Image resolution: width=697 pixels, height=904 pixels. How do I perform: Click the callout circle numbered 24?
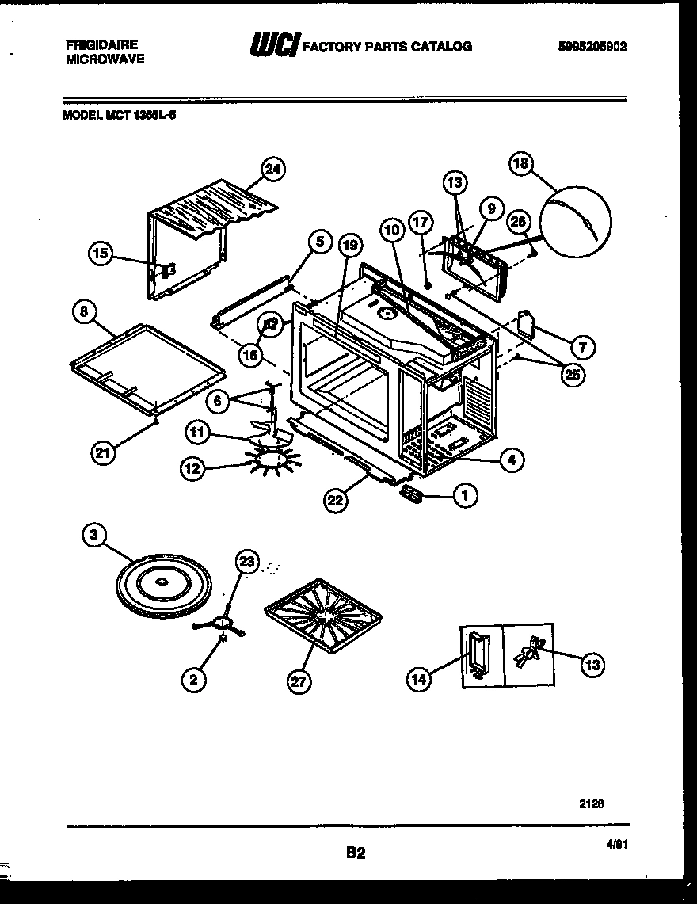pos(273,170)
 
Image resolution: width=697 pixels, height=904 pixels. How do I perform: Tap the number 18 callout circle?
pos(520,164)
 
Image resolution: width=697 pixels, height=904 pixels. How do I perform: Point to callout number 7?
pos(583,347)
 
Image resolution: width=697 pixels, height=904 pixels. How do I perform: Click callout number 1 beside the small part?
pos(465,496)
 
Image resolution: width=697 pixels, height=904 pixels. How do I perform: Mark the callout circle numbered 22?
pos(336,499)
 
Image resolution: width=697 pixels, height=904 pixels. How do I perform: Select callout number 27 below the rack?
pos(299,682)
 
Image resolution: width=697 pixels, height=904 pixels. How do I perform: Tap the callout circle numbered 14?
pos(421,678)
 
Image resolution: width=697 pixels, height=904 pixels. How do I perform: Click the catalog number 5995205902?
pos(592,47)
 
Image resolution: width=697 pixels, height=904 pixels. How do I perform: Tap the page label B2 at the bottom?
pos(355,853)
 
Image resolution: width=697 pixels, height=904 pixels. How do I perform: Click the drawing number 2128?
pos(591,802)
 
